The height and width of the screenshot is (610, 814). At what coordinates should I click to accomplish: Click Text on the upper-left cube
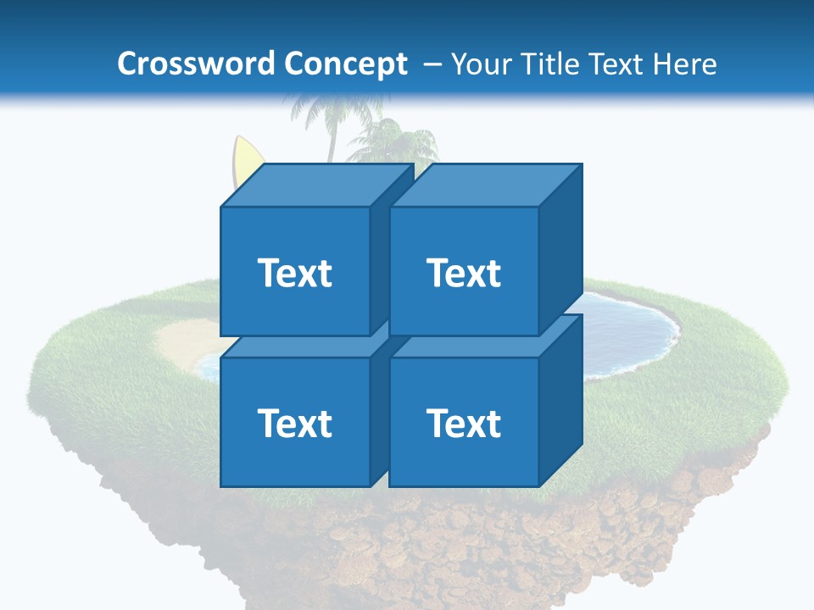point(294,273)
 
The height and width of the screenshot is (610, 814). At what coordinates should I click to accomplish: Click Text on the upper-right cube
point(463,273)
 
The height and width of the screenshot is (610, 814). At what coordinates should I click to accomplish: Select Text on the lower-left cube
point(294,423)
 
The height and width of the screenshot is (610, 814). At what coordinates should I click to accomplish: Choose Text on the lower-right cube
point(463,423)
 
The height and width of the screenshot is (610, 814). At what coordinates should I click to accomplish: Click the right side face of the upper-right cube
point(560,250)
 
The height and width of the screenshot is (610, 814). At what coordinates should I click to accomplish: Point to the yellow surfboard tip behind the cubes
point(245,157)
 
